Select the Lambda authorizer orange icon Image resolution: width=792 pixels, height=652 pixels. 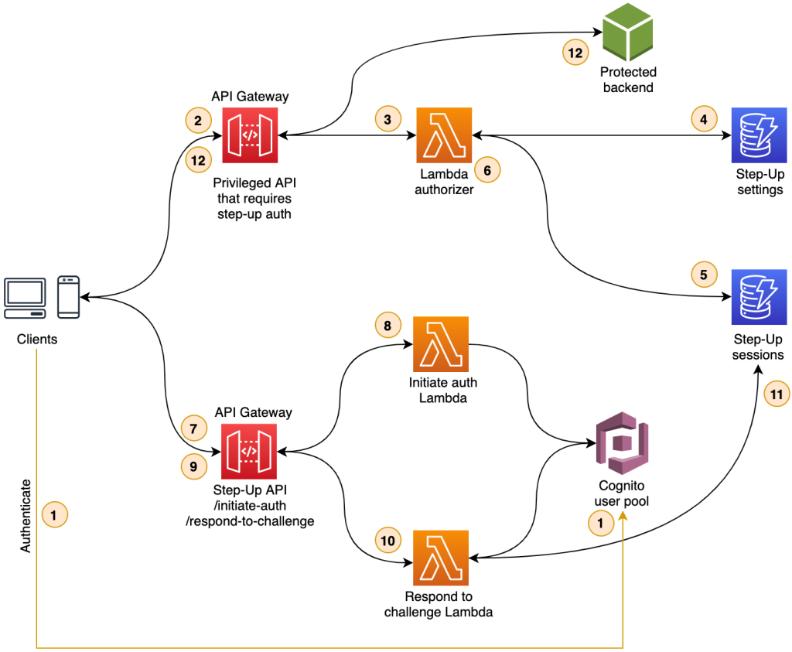point(445,135)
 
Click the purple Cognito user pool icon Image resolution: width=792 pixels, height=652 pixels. point(623,445)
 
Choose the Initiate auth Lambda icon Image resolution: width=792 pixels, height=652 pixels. point(442,343)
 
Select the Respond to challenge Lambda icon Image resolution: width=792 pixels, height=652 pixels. point(442,557)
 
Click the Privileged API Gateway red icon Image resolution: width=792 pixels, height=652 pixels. point(250,135)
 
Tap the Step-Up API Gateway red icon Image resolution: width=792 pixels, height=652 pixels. point(250,451)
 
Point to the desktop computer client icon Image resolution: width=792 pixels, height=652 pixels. point(24,297)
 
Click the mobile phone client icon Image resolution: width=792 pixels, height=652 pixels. point(69,297)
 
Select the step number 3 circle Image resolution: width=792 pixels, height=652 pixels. point(387,119)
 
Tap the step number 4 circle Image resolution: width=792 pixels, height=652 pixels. point(703,119)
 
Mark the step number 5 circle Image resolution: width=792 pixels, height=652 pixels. point(703,275)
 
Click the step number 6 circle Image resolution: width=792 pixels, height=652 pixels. point(487,169)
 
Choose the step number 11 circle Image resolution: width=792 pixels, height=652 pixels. point(777,394)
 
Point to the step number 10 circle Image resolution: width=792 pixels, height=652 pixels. point(387,540)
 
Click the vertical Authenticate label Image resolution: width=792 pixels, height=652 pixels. point(26,515)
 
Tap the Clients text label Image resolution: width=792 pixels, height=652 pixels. point(38,340)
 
